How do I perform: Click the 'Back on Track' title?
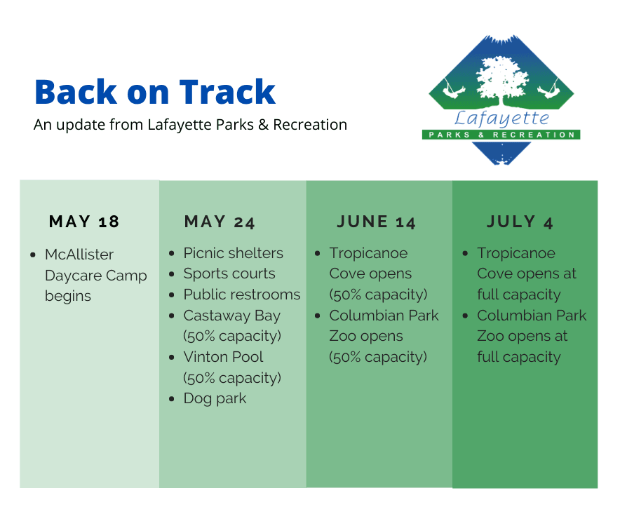155,93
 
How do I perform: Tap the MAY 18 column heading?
84,222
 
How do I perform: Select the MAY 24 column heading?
220,222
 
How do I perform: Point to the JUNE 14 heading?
376,222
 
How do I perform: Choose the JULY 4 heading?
520,222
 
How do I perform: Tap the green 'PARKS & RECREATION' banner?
501,135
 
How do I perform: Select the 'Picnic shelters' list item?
234,253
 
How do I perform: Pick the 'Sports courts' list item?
229,274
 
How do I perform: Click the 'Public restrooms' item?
242,295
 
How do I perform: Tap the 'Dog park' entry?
215,398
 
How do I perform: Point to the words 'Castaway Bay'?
231,316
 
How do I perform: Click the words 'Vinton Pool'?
223,357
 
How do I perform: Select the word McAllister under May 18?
79,254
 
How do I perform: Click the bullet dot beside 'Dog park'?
173,399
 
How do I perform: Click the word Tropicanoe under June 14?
368,253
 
